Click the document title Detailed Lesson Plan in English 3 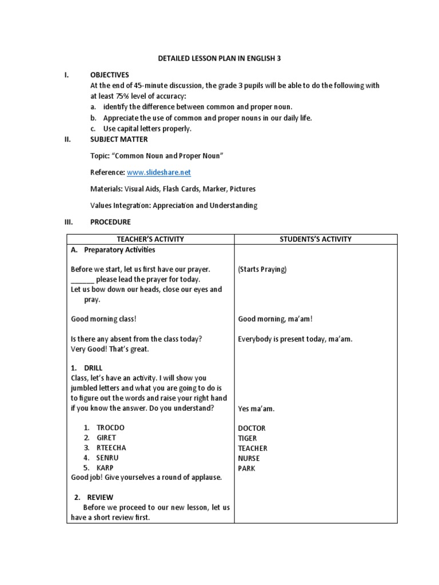pos(219,58)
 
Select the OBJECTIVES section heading pos(110,75)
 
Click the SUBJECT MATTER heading pos(119,139)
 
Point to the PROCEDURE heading pos(110,222)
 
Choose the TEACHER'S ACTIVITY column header pos(150,239)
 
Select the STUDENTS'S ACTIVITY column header pos(316,239)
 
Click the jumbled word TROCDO pos(110,428)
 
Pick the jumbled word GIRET pos(106,438)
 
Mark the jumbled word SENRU pos(108,458)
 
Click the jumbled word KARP pos(105,468)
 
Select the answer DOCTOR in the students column pos(252,428)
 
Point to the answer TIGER pos(249,438)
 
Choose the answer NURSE pos(249,458)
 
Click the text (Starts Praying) pos(262,269)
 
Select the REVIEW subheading pos(100,497)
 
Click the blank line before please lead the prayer pos(82,280)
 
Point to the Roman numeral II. pos(66,139)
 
